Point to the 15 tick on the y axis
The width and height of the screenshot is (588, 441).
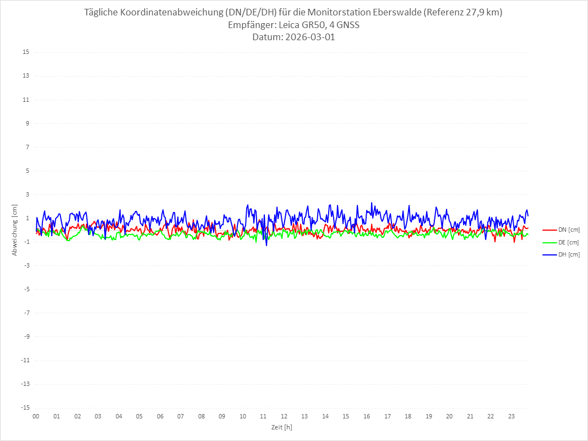(25, 52)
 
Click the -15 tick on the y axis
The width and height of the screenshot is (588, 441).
(24, 407)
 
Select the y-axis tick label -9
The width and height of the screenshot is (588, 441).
(25, 336)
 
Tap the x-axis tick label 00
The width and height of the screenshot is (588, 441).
(36, 416)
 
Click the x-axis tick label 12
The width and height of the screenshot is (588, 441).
(284, 416)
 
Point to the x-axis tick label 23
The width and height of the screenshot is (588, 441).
(511, 416)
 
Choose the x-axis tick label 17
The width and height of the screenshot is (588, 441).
(388, 416)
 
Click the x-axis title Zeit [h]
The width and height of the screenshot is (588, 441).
(281, 427)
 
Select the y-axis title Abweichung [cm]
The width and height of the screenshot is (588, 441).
(15, 230)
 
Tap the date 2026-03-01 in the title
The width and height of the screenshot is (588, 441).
(308, 37)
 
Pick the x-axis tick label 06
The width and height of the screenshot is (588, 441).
(160, 416)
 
